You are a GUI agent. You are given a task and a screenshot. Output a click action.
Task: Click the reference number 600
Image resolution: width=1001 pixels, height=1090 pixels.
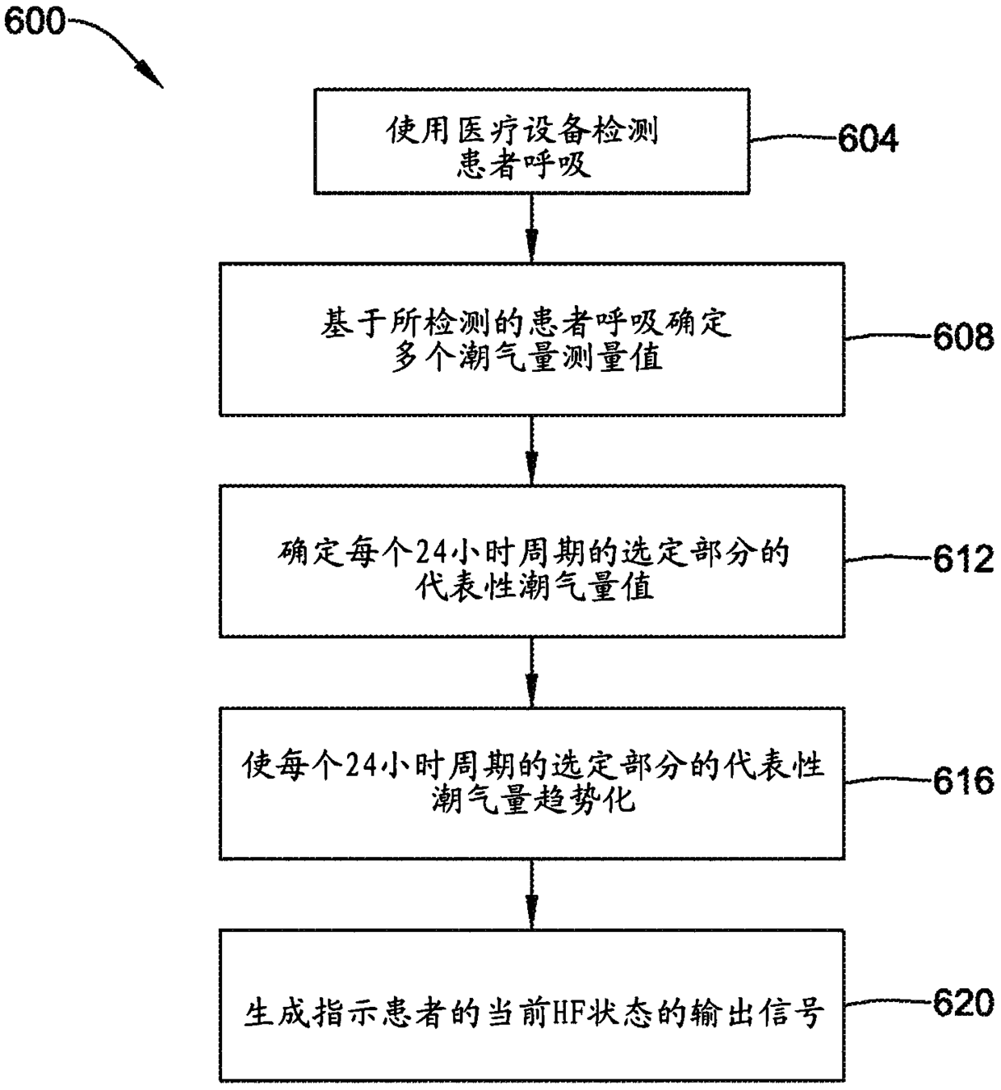click(34, 21)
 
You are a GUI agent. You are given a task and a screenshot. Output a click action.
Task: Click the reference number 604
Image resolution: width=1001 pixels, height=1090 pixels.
click(868, 139)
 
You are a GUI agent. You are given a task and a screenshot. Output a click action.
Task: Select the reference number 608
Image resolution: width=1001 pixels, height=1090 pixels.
click(963, 336)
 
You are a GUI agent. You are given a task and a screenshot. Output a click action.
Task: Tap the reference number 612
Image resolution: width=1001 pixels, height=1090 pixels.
click(963, 559)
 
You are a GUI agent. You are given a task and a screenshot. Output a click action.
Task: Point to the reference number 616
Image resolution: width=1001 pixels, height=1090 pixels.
click(963, 781)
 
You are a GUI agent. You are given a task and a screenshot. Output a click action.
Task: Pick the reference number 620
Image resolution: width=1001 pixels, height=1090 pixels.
click(963, 1003)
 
